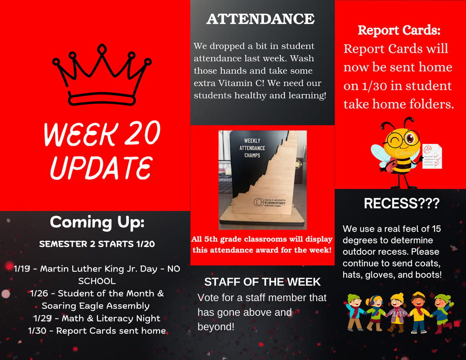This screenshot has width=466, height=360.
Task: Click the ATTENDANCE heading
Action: [260, 19]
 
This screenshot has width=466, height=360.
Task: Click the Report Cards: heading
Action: [399, 30]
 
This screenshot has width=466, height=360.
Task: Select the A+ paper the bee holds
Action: [431, 156]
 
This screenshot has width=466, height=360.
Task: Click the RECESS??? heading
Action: [402, 203]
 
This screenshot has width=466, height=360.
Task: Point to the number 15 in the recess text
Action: [436, 228]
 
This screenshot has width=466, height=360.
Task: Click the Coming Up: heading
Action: [97, 222]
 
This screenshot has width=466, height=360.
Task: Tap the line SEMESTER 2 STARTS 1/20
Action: [97, 244]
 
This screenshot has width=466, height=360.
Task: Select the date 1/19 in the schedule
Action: [21, 269]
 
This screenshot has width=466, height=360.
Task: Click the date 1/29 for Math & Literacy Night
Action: [41, 318]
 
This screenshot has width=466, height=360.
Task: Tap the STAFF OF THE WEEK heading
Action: [263, 282]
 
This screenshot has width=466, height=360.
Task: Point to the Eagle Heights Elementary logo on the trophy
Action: [270, 202]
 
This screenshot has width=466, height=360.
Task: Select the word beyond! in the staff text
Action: [216, 327]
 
